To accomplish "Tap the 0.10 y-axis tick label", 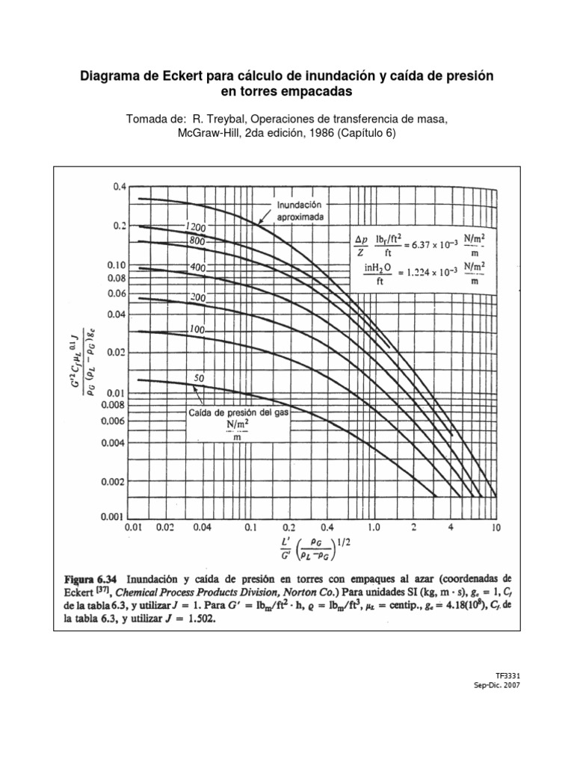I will pyautogui.click(x=116, y=265).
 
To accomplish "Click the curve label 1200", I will pyautogui.click(x=196, y=226).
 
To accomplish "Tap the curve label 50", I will pyautogui.click(x=200, y=378).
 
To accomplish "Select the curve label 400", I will pyautogui.click(x=197, y=267).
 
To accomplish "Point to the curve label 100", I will pyautogui.click(x=197, y=329).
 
